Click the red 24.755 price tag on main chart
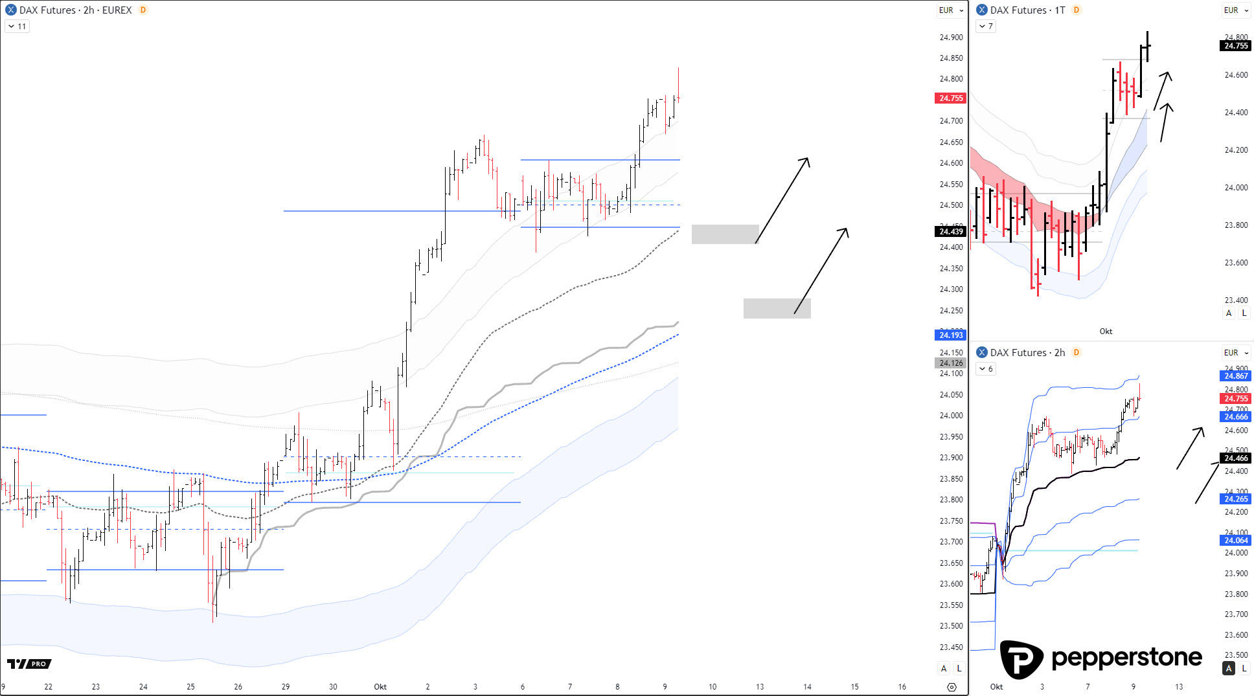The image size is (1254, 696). pos(951,98)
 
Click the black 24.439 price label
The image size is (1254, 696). pos(951,232)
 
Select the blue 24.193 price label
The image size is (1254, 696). pos(951,335)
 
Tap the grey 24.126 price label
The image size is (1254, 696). pos(951,363)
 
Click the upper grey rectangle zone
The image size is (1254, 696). pos(725,234)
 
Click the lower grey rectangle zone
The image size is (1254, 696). pos(777,308)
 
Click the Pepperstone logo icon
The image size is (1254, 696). pos(1021,660)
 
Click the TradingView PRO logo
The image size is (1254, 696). pos(29,664)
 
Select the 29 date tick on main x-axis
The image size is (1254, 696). pos(286,687)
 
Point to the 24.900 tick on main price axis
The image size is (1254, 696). pos(951,38)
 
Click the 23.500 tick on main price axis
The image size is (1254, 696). pos(951,626)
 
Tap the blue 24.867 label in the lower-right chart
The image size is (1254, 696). pos(1236,376)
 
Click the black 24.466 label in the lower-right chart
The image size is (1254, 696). pos(1236,458)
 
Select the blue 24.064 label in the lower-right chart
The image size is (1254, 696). pos(1236,541)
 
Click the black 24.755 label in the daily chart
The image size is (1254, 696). pos(1236,46)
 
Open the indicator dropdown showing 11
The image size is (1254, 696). pos(17,27)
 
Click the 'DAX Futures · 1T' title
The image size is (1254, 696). pos(1027,10)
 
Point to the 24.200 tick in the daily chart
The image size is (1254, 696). pos(1236,150)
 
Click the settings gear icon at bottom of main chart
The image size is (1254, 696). pos(952,687)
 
